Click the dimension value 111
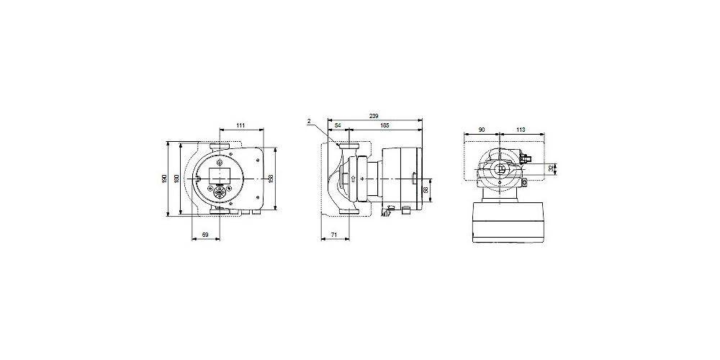pyautogui.click(x=240, y=126)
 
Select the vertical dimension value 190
pyautogui.click(x=166, y=178)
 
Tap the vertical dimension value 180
pyautogui.click(x=175, y=178)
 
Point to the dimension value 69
pyautogui.click(x=205, y=235)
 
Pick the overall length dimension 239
pyautogui.click(x=374, y=116)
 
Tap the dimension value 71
pyautogui.click(x=334, y=235)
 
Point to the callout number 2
pyautogui.click(x=308, y=122)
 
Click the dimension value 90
pyautogui.click(x=481, y=130)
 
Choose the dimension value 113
pyautogui.click(x=521, y=130)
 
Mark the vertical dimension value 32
pyautogui.click(x=552, y=168)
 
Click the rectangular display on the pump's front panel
pyautogui.click(x=220, y=173)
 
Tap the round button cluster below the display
pyautogui.click(x=219, y=191)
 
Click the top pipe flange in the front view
pyautogui.click(x=220, y=149)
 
